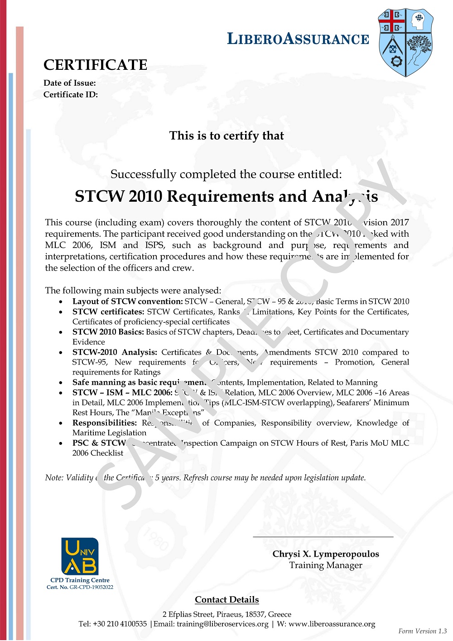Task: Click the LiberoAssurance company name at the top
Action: tap(298, 39)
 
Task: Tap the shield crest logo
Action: tap(405, 42)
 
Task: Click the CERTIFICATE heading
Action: tap(96, 65)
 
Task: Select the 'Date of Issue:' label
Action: tap(70, 83)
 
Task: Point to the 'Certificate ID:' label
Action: tap(71, 94)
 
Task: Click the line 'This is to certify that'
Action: tap(226, 136)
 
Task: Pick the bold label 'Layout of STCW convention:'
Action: tap(127, 301)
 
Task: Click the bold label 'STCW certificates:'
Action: tap(108, 312)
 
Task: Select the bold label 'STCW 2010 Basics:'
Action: tap(108, 332)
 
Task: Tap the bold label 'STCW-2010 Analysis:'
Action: tap(115, 352)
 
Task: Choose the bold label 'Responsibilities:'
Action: tap(104, 423)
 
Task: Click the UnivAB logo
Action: tap(80, 556)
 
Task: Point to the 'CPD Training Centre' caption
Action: tap(80, 580)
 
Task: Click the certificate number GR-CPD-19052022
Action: tap(92, 587)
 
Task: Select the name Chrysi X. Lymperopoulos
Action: tap(326, 554)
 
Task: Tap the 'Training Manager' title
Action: tap(326, 565)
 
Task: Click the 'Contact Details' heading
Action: tap(227, 600)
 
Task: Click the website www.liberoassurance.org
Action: tap(332, 624)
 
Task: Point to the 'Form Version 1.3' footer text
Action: tap(423, 631)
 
